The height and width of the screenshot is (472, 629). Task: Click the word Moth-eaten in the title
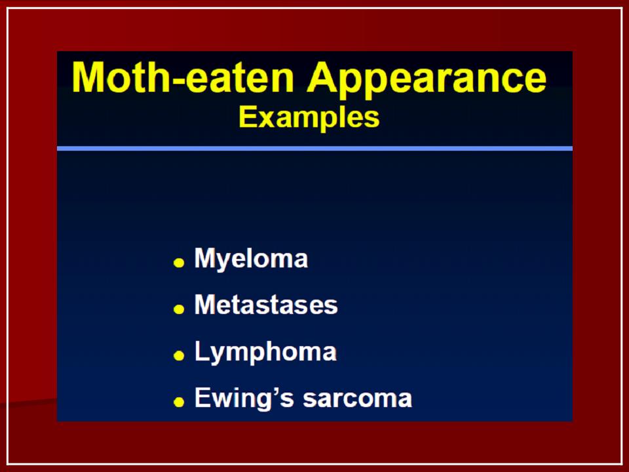[183, 77]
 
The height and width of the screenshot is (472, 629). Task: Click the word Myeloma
[251, 260]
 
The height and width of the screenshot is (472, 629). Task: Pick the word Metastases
[266, 305]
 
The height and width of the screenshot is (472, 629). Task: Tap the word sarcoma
[358, 399]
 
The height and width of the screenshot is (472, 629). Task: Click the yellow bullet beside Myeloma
[179, 263]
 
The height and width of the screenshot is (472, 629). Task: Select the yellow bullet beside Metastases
[179, 309]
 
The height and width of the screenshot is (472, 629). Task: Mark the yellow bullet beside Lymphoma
[179, 355]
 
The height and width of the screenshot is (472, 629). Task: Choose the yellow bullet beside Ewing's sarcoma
[179, 402]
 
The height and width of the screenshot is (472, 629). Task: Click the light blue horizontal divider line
[315, 149]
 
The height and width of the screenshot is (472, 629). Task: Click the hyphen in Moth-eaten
[176, 81]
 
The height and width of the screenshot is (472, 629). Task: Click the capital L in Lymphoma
[201, 351]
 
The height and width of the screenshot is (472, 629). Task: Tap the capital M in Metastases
[205, 305]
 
